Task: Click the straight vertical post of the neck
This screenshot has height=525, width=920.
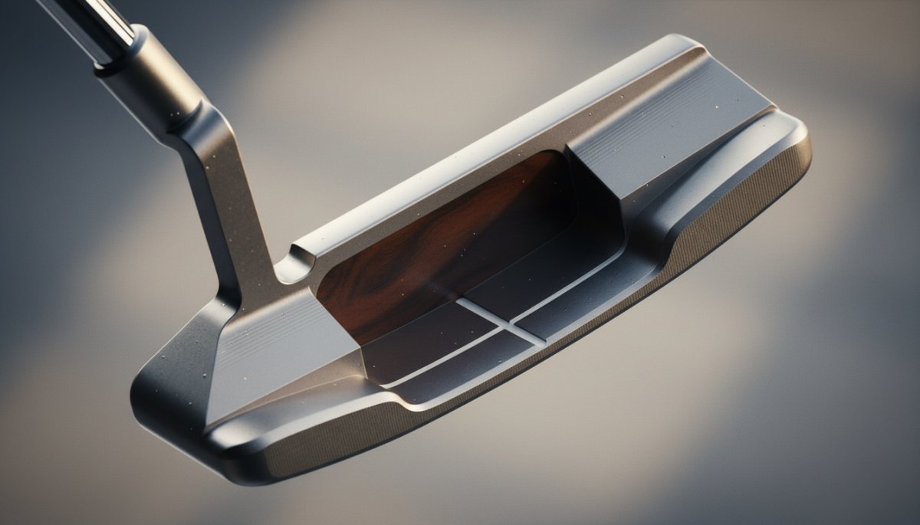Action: click(234, 222)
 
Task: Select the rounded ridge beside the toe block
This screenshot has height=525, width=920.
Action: click(728, 176)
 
